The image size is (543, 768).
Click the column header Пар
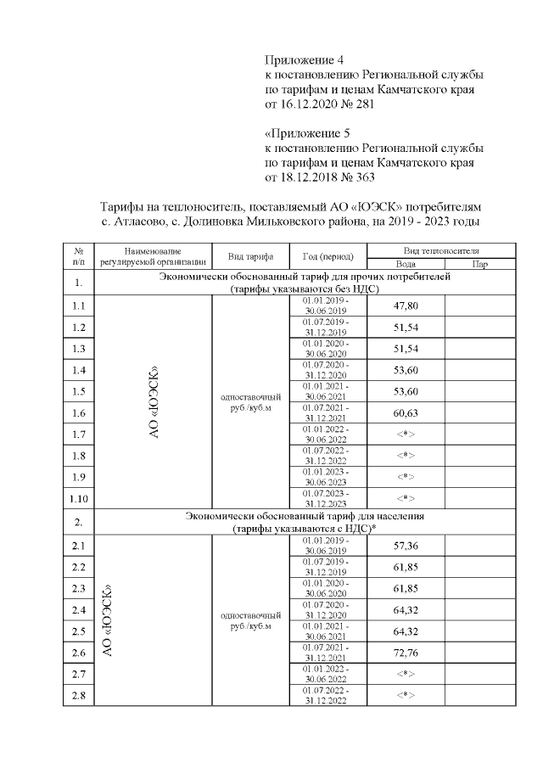[480, 264]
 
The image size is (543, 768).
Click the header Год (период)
[327, 257]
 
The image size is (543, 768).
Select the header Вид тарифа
[250, 257]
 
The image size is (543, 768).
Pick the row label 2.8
[78, 696]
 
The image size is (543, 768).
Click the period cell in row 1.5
[327, 391]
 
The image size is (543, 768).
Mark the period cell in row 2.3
[327, 589]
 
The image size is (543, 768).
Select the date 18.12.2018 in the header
[314, 177]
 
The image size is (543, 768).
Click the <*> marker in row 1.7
[406, 434]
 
